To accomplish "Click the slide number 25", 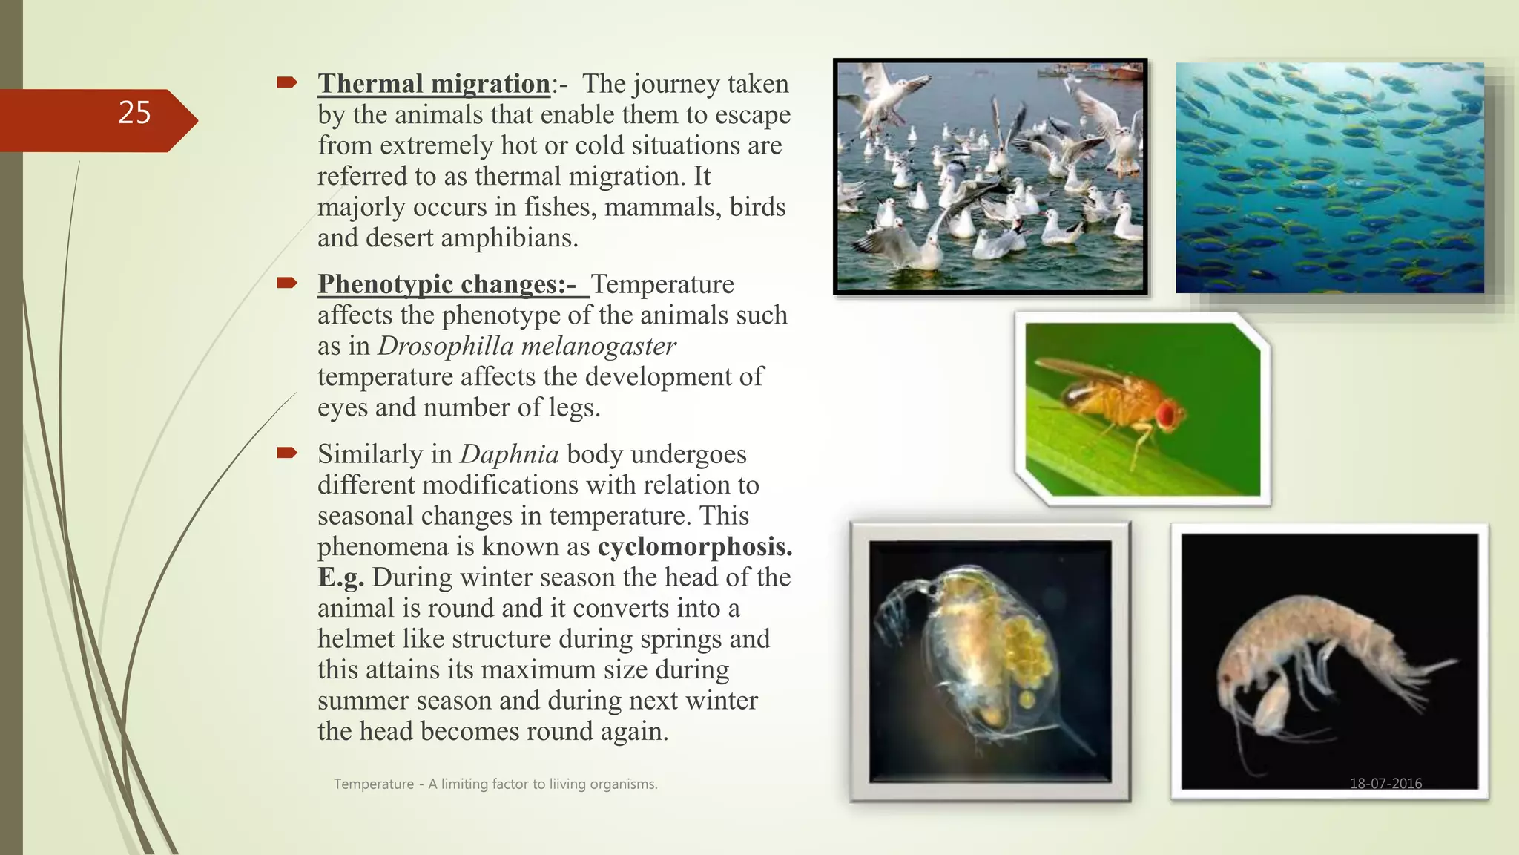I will click(134, 113).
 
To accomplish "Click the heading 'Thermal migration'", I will click(434, 84).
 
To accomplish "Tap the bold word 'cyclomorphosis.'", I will click(695, 547).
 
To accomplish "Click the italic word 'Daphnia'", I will click(510, 454).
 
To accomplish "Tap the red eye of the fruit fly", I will click(1166, 414).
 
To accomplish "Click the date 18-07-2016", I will click(1385, 783).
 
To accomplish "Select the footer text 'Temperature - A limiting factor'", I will click(495, 784).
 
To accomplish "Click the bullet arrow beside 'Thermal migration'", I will click(287, 82).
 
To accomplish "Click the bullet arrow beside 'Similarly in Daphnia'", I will click(287, 453).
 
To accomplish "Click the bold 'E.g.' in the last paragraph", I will click(340, 577).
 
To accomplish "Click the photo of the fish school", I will click(1329, 178).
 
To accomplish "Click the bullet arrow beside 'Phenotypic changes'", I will click(287, 283).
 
